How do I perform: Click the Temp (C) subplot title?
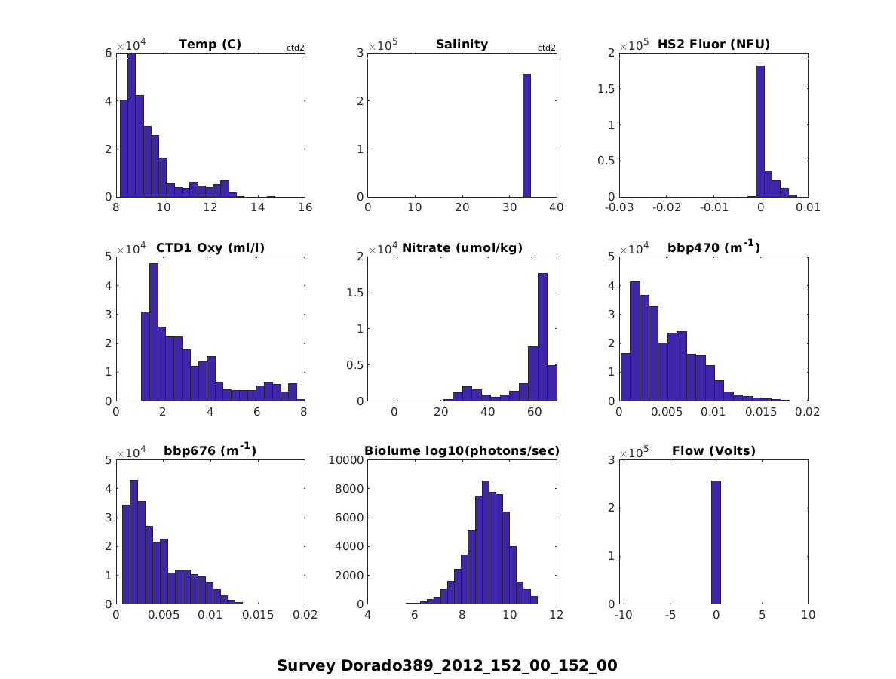tap(210, 45)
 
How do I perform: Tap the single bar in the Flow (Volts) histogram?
tap(716, 543)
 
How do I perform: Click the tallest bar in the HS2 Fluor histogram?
tap(759, 132)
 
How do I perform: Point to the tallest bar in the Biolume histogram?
tap(486, 543)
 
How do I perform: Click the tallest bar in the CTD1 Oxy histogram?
tap(154, 332)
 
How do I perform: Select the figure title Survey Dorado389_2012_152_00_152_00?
tap(447, 665)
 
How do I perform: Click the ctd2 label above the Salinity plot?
tap(546, 48)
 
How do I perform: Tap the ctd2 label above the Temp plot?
tap(295, 48)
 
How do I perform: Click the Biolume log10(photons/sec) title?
tap(462, 451)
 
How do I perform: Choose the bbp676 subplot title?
tap(210, 451)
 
